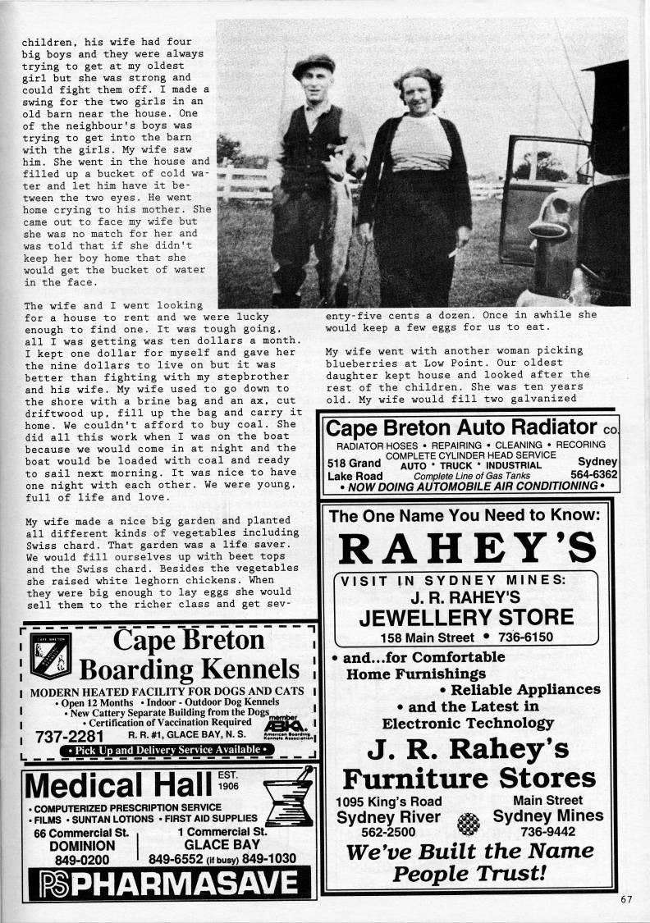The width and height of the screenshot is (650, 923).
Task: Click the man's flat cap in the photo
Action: point(314,63)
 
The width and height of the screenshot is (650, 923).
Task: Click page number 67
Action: point(626,898)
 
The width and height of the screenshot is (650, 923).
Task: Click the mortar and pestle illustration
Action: point(288,793)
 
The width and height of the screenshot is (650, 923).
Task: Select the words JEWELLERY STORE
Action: point(466,617)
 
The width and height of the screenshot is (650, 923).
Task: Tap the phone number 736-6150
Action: point(513,637)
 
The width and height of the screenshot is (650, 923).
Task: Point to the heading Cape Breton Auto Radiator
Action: point(460,427)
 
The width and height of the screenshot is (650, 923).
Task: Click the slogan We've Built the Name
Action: point(469,851)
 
